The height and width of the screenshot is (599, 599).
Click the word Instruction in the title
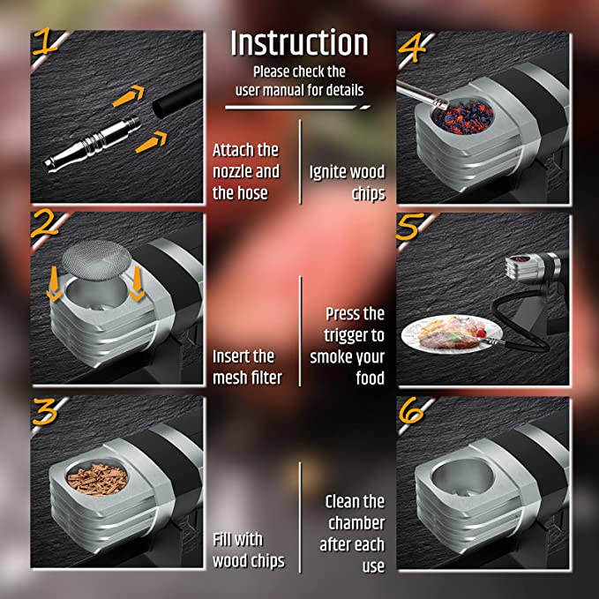[x=299, y=42]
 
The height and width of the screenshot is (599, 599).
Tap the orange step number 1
[x=45, y=41]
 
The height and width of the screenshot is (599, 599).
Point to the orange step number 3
[x=45, y=411]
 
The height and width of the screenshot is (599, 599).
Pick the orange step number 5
[x=410, y=227]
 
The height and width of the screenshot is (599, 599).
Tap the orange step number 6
[x=411, y=412]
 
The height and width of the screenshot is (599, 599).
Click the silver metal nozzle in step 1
[x=92, y=143]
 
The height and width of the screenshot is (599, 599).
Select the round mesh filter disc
[x=97, y=260]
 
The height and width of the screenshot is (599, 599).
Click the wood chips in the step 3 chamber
[x=97, y=479]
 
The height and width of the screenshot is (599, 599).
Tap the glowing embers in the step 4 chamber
[x=462, y=116]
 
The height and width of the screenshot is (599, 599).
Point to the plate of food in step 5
[x=451, y=333]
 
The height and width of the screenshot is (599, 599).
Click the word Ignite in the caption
[x=327, y=173]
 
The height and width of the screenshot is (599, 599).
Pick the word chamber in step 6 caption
[x=356, y=523]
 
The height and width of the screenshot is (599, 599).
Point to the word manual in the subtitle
[x=285, y=91]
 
